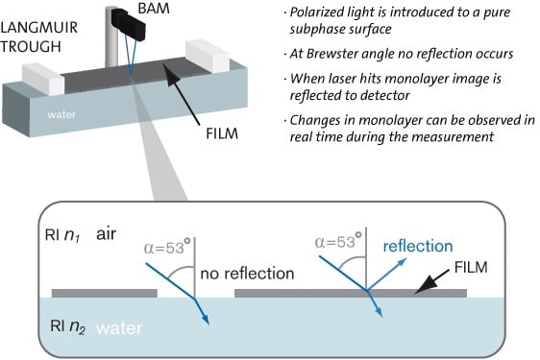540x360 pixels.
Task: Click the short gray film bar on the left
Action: click(104, 291)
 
